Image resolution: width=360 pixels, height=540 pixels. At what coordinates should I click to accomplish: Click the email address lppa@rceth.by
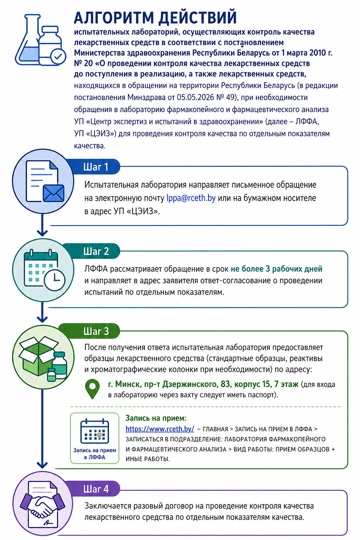191,198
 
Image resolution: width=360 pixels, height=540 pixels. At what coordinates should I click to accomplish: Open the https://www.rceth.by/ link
160,429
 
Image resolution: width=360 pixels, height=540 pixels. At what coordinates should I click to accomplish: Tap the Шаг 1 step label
96,167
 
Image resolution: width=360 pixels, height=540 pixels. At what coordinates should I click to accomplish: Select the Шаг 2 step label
96,251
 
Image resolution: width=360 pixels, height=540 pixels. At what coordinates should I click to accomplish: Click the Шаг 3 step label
96,331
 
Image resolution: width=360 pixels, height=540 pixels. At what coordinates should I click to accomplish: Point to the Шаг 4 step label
96,489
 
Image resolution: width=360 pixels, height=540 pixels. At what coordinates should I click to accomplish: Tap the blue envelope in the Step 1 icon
53,193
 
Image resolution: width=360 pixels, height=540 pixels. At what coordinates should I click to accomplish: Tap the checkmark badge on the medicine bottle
58,57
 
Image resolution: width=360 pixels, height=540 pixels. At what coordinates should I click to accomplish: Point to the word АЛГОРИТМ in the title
114,17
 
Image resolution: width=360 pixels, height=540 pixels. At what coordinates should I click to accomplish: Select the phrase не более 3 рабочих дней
276,269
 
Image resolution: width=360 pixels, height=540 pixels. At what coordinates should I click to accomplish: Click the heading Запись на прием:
156,418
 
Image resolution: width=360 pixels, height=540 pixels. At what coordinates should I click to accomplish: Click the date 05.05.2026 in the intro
195,97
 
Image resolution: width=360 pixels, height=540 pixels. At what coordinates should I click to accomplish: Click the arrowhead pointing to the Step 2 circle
42,233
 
